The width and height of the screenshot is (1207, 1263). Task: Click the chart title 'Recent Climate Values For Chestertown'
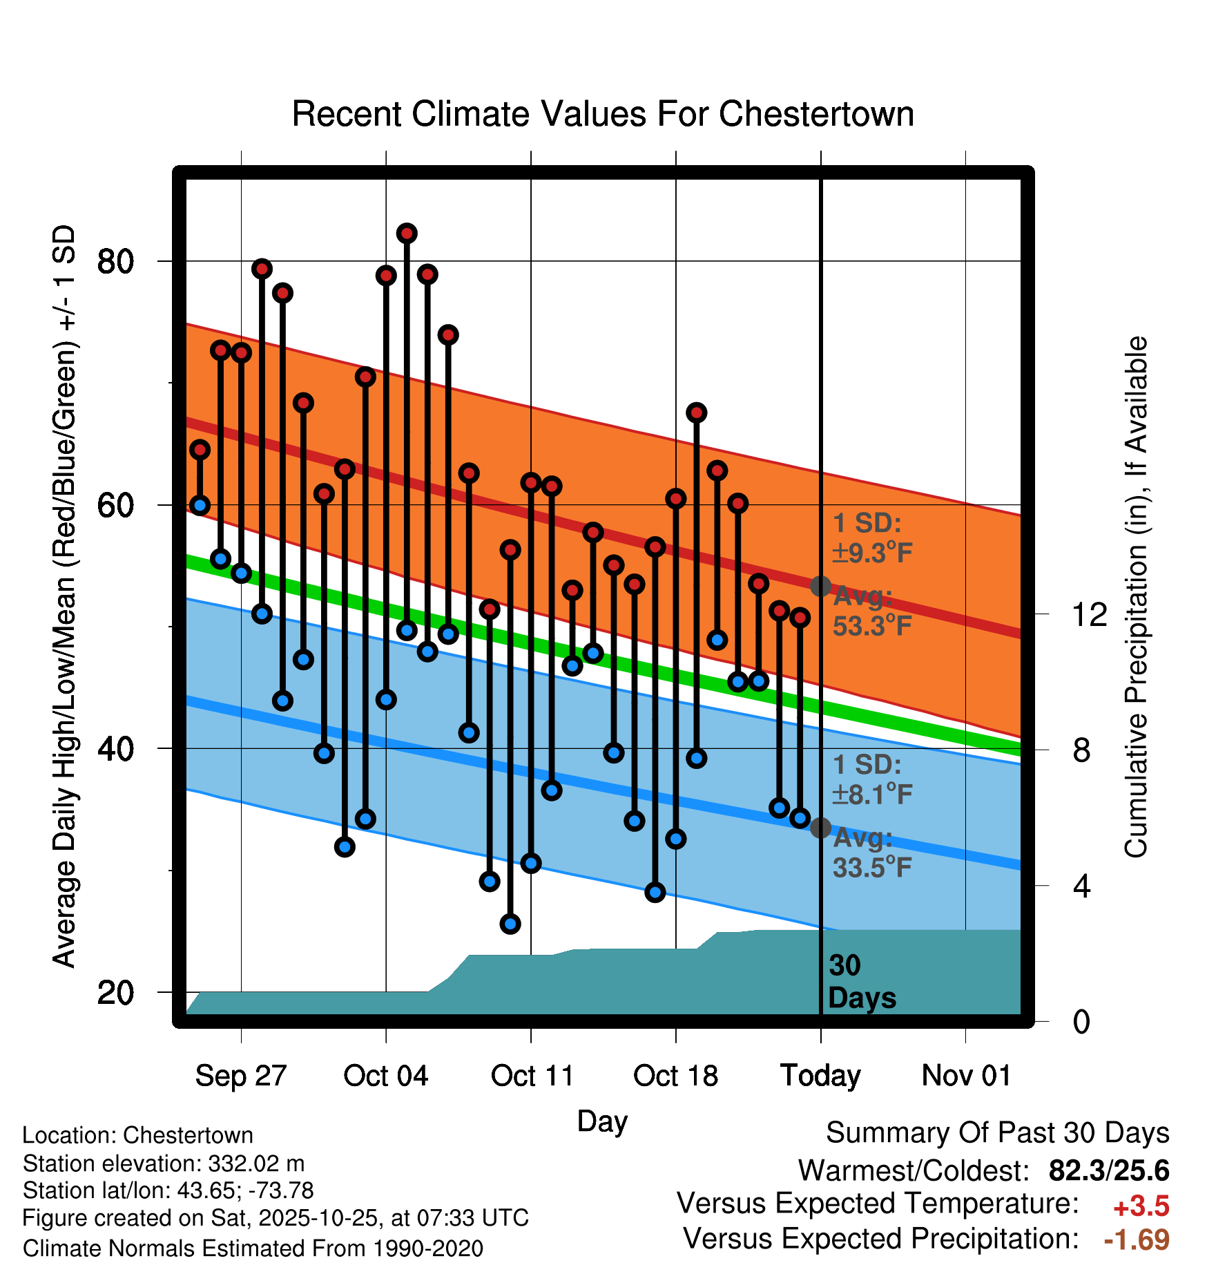(603, 114)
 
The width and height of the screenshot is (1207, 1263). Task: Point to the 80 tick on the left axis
(115, 262)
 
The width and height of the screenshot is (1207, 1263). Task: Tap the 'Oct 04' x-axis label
(385, 1076)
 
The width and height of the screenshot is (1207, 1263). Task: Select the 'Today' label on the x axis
(820, 1076)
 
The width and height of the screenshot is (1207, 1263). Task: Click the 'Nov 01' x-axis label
(966, 1076)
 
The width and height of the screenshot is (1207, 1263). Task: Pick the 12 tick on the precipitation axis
(1090, 614)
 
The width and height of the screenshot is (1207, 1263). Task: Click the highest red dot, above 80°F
(407, 234)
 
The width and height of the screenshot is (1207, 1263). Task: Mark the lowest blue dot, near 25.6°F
(510, 924)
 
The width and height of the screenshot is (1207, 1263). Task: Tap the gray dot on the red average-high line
(820, 587)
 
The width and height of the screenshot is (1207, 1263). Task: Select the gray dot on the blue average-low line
(820, 828)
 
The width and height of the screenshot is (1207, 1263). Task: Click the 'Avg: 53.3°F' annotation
(871, 611)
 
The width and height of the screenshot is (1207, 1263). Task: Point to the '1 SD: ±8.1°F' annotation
(871, 780)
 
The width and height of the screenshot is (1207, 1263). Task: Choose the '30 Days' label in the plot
(861, 982)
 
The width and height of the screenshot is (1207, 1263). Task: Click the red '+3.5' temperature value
(1141, 1206)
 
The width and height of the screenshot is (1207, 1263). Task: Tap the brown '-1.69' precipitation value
(1136, 1240)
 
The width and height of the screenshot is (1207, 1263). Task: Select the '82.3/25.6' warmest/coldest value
(1108, 1170)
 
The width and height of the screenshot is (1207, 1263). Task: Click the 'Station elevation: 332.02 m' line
(164, 1164)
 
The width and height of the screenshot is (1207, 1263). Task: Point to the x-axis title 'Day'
(602, 1121)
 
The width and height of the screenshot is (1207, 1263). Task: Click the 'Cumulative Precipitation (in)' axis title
(1136, 597)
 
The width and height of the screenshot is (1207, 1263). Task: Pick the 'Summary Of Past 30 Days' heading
(997, 1133)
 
